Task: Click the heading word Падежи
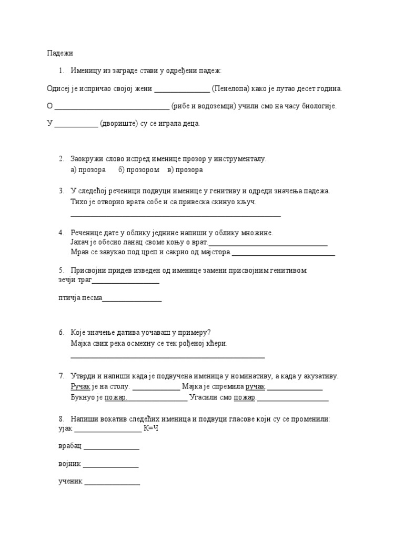pyautogui.click(x=60, y=53)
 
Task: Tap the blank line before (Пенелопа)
pyautogui.click(x=181, y=90)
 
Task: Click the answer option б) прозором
pyautogui.click(x=139, y=170)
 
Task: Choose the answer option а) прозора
pyautogui.click(x=88, y=170)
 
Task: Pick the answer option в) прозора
pyautogui.click(x=185, y=170)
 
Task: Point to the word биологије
pyautogui.click(x=318, y=106)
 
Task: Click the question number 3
pyautogui.click(x=61, y=191)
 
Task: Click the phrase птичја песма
pyautogui.click(x=80, y=298)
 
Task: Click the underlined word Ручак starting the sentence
pyautogui.click(x=80, y=387)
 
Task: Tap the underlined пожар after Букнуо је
pyautogui.click(x=116, y=397)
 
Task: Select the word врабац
pyautogui.click(x=70, y=447)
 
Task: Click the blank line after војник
pyautogui.click(x=111, y=465)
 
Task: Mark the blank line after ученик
pyautogui.click(x=113, y=483)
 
